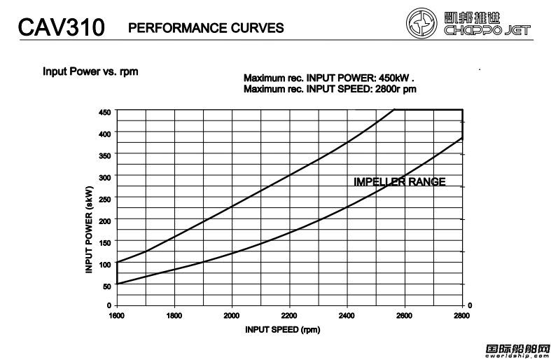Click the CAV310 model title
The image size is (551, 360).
[x=61, y=28]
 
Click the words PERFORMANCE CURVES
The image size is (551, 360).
[x=206, y=28]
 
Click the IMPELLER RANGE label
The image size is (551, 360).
[x=399, y=182]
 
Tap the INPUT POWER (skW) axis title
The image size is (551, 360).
[x=89, y=230]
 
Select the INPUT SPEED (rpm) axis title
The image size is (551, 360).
[x=283, y=329]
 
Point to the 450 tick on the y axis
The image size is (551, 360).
[x=105, y=112]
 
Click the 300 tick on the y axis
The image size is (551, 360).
[x=105, y=177]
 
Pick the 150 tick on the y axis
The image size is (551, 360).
[x=105, y=242]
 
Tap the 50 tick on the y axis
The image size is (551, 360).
[x=106, y=286]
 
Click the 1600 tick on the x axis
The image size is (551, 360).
[x=117, y=316]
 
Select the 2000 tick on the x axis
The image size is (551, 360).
[x=232, y=316]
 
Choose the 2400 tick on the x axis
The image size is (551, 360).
[x=347, y=316]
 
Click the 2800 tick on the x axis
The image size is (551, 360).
[x=462, y=316]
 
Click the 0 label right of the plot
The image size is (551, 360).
[x=470, y=305]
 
